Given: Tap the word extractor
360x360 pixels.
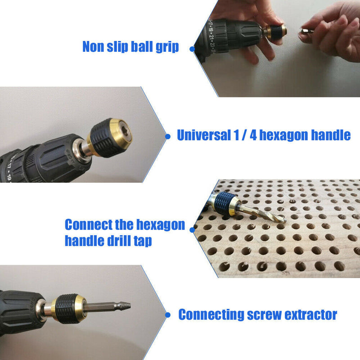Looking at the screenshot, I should pos(310,315).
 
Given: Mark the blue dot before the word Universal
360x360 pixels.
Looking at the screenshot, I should pos(168,136).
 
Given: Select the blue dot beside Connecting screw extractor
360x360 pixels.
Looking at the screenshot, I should pos(168,315).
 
